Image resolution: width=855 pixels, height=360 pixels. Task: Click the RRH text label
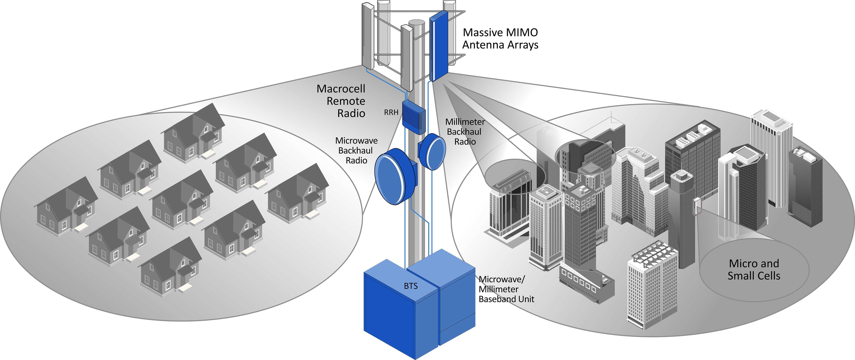pos(391,112)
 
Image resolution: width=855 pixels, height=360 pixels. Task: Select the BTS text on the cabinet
pos(411,286)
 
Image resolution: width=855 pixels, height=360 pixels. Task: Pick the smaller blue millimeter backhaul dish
pos(432,152)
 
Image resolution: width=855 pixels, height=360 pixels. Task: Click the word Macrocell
pos(341,89)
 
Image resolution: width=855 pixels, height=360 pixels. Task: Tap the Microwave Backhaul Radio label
pos(356,150)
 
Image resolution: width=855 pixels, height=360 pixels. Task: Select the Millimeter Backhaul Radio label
pos(465,132)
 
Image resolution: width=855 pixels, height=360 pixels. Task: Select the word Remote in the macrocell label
pos(346,101)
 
